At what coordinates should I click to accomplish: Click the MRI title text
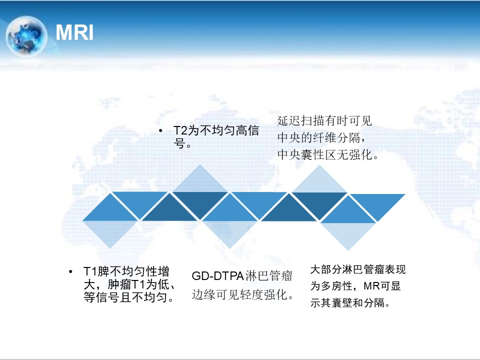[x=74, y=32]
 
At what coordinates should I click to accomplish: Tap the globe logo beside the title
[x=26, y=36]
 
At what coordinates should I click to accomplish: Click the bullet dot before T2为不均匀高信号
[x=160, y=130]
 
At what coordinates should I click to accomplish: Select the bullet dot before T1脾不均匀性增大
[x=70, y=271]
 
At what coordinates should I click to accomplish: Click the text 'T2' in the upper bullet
[x=180, y=130]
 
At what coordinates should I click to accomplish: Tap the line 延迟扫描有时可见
[x=324, y=121]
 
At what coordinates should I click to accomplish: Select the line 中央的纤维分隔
[x=321, y=138]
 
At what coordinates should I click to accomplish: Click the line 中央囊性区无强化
[x=328, y=154]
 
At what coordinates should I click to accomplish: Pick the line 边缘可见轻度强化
[x=243, y=294]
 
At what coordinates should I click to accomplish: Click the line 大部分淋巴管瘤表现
[x=358, y=269]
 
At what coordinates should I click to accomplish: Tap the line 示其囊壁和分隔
[x=350, y=303]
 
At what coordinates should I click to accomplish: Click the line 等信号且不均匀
[x=129, y=297]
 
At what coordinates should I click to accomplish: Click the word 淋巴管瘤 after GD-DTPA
[x=269, y=276]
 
